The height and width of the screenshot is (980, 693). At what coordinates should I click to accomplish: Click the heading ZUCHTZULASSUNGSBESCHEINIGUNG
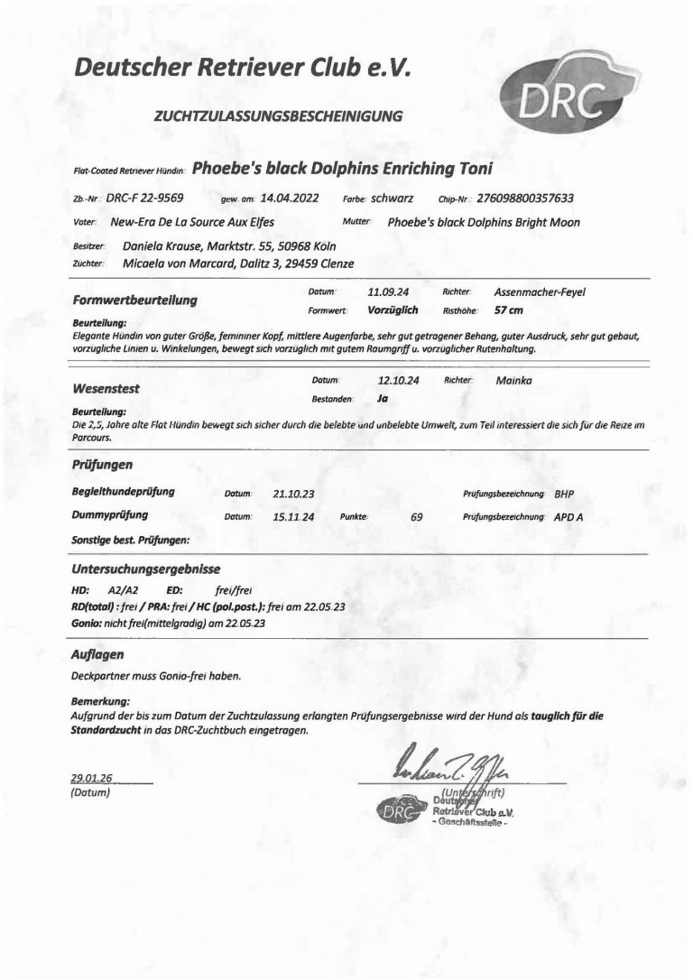coord(278,116)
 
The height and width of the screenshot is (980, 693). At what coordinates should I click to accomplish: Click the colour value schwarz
coord(392,198)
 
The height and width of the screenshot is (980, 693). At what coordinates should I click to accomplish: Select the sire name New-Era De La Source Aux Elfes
coord(192,221)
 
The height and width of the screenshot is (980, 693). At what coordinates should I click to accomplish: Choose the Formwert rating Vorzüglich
coord(393,309)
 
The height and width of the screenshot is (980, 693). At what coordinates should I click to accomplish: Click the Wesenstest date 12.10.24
coord(398,381)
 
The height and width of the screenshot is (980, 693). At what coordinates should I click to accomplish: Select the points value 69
coord(416,518)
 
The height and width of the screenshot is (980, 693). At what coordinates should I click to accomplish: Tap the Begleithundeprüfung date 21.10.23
coord(291,495)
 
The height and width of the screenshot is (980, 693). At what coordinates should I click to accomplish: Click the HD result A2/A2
coord(125,588)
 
